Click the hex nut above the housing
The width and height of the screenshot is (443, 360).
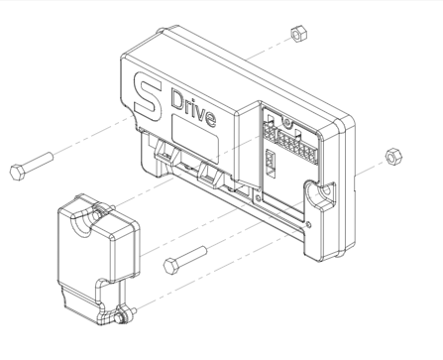295,36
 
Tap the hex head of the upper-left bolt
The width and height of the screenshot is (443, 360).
17,170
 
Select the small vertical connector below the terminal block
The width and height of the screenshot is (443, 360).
271,160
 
